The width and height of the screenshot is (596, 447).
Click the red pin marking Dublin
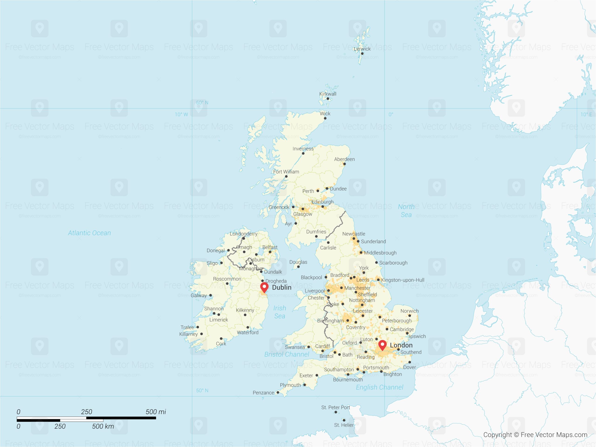click(264, 287)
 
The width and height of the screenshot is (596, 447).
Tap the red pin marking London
click(382, 345)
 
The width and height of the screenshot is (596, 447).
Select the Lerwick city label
click(362, 49)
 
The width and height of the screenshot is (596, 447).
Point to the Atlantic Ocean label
click(89, 233)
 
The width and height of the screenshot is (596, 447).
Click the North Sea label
click(406, 211)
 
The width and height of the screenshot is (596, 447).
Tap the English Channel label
click(379, 387)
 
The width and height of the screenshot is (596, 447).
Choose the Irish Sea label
click(280, 312)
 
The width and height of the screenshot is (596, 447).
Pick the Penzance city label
click(263, 393)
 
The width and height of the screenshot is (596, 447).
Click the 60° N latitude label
click(202, 103)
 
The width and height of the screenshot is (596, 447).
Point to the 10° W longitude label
click(181, 115)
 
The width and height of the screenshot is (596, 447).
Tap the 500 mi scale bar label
click(156, 412)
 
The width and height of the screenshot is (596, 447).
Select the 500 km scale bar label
click(103, 426)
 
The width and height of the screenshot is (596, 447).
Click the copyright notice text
click(535, 435)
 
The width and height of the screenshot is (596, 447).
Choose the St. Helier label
click(344, 425)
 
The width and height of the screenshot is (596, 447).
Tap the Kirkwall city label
click(328, 94)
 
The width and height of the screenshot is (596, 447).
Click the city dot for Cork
click(221, 339)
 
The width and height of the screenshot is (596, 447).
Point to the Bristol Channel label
click(287, 354)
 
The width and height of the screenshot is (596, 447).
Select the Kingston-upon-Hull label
click(403, 280)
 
